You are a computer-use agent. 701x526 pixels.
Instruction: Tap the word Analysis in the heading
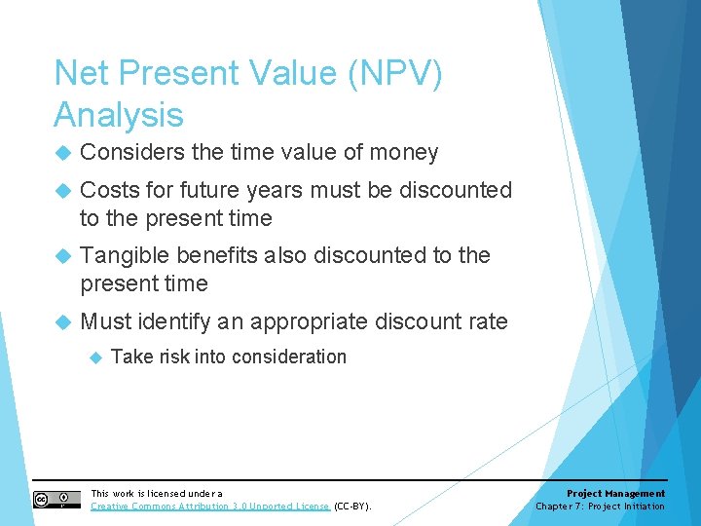click(119, 115)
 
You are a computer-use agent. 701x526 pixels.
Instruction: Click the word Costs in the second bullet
click(109, 190)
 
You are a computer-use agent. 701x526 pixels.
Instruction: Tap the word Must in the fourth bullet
click(106, 321)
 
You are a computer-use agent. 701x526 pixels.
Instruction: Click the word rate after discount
click(487, 321)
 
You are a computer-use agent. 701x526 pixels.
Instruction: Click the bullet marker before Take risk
click(95, 357)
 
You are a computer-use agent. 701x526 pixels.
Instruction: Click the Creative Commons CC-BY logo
click(56, 499)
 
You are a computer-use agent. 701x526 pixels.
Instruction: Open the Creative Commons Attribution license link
click(209, 507)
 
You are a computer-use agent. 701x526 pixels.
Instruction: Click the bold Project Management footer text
click(615, 494)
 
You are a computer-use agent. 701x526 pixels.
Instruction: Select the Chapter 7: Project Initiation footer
click(600, 507)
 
